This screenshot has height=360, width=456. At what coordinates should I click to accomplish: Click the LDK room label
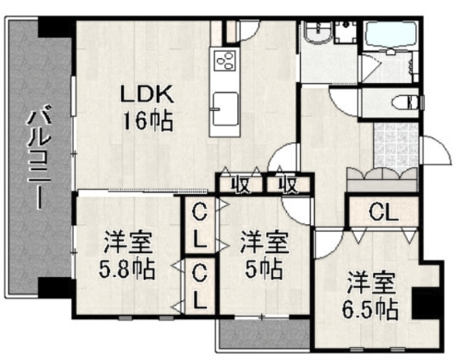[x=147, y=94]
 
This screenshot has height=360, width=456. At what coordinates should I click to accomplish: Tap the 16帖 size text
[x=148, y=121]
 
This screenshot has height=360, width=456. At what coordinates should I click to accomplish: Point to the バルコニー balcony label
[x=39, y=157]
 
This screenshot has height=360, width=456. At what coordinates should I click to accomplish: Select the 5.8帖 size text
[x=126, y=269]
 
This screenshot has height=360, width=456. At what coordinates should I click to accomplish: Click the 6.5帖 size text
[x=370, y=309]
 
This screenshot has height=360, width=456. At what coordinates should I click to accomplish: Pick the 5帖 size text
[x=264, y=269]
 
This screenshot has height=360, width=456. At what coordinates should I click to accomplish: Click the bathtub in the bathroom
[x=390, y=34]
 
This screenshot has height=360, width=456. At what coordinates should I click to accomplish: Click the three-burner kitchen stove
[x=225, y=61]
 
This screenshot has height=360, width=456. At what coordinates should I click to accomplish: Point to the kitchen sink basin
[x=225, y=109]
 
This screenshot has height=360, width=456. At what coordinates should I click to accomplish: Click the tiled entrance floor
[x=395, y=146]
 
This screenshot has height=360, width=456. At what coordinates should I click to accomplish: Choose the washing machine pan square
[x=346, y=32]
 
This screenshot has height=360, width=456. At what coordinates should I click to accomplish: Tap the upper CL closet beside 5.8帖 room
[x=199, y=225]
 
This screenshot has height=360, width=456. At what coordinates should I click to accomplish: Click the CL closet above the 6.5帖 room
[x=383, y=212]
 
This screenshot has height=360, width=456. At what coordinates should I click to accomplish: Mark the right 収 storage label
[x=288, y=186]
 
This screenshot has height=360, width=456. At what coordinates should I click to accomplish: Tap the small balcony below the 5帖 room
[x=264, y=334]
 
